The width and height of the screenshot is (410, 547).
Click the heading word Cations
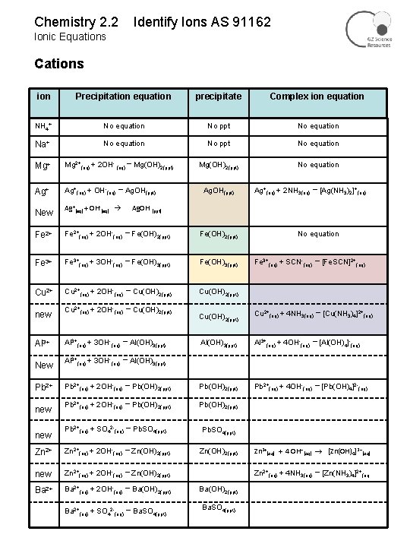coord(59,64)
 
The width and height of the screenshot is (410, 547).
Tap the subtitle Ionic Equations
coord(71,36)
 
